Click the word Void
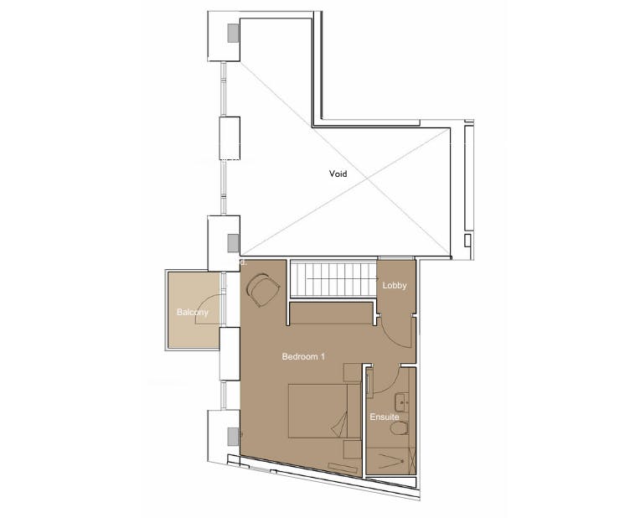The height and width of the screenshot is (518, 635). (x=338, y=174)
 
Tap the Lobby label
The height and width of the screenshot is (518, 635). (x=395, y=286)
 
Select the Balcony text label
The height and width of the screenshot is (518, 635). (x=192, y=313)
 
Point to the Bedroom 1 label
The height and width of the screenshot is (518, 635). (x=303, y=357)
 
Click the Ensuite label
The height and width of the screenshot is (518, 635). (x=384, y=417)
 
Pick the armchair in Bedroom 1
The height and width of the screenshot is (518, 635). (x=265, y=290)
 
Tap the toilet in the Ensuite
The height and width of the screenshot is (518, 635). (x=400, y=429)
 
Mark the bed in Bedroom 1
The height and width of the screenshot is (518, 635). (x=317, y=411)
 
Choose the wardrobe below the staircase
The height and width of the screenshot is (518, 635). (x=331, y=313)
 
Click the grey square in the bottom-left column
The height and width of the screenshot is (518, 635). (x=232, y=435)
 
